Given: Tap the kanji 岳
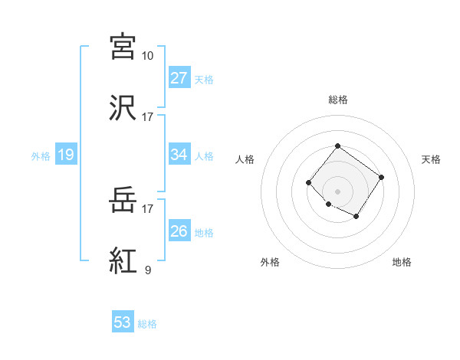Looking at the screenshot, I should (x=123, y=201).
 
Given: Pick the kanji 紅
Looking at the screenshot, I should (x=123, y=260).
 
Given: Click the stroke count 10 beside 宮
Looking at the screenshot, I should (x=147, y=55).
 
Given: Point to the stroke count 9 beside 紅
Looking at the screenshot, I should (x=147, y=270).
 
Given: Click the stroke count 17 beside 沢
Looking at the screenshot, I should (x=147, y=116).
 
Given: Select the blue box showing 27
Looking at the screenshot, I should (x=179, y=78).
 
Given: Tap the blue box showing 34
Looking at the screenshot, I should (x=179, y=155).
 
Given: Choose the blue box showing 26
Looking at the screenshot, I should (x=179, y=231).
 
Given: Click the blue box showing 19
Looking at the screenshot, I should (x=66, y=155).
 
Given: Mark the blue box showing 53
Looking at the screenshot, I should (x=123, y=322).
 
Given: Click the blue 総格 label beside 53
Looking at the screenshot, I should (x=148, y=324).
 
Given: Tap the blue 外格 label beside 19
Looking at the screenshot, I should (x=41, y=156).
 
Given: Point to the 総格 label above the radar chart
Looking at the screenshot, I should (x=337, y=100).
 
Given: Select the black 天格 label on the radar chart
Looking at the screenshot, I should (x=431, y=159).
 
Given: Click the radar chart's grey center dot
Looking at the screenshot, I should (x=337, y=191).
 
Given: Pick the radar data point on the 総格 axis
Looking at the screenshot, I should (x=337, y=146).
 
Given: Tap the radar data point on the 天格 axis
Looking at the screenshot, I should (x=381, y=177).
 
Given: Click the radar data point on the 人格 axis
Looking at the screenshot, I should (x=308, y=182).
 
